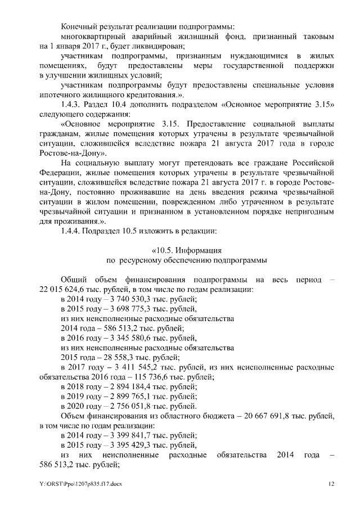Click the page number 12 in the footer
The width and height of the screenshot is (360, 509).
click(x=332, y=484)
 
